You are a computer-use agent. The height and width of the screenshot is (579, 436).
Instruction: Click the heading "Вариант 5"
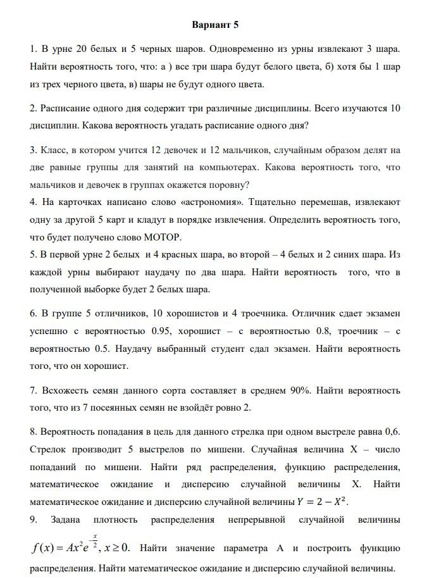215,25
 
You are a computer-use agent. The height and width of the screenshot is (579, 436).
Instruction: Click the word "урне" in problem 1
65,48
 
